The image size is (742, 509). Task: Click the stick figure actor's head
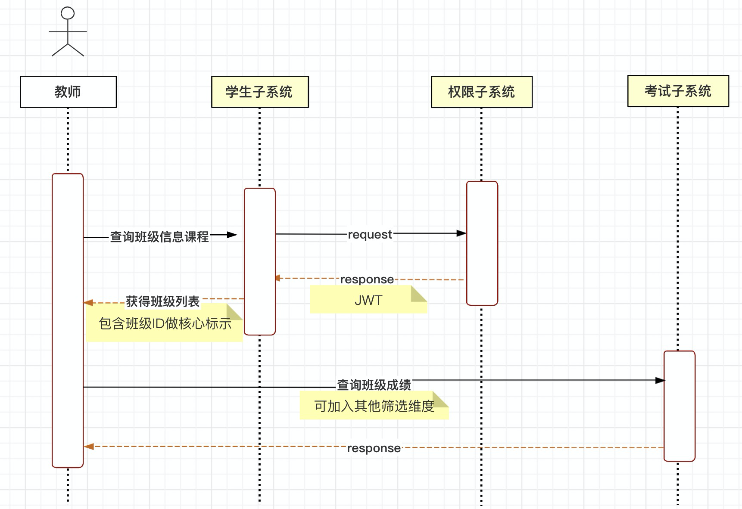pos(68,13)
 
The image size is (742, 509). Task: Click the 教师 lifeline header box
pos(68,92)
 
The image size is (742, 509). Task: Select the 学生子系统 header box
pos(260,92)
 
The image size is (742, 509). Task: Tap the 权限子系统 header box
pos(482,92)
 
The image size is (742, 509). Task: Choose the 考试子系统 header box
pos(678,91)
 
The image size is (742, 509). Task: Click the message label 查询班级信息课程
pos(159,236)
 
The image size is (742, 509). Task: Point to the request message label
pos(370,235)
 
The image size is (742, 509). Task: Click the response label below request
pos(367,279)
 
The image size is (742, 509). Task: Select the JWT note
pos(368,300)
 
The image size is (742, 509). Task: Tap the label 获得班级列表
pos(163,301)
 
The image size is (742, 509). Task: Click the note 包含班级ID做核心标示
pos(165,323)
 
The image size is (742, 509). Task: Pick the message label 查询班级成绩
pos(374,385)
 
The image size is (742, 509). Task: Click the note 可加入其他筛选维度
pos(374,406)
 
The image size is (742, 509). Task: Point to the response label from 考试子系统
pos(374,448)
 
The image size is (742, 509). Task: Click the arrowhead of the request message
pos(461,233)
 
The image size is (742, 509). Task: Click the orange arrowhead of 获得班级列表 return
pos(89,303)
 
